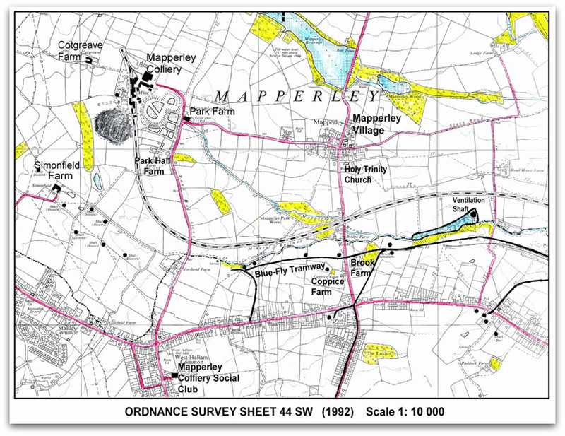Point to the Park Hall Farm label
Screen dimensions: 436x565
pos(155,165)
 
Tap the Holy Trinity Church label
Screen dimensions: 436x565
pos(367,174)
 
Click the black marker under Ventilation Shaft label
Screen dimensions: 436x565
pos(484,216)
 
